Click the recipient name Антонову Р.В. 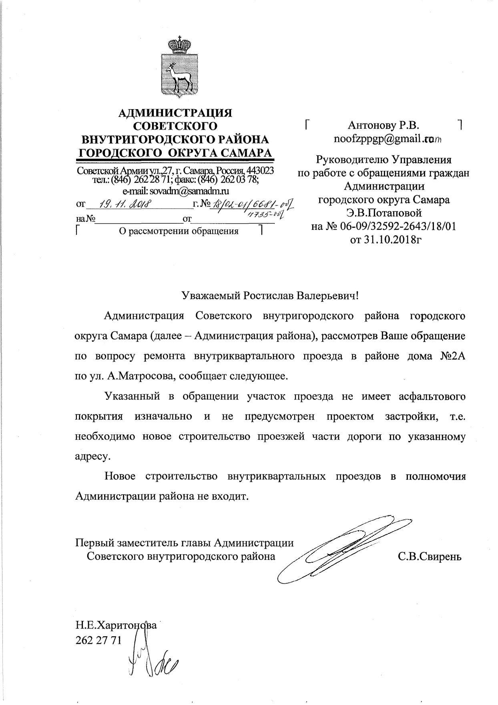pos(384,126)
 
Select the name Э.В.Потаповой pos(384,213)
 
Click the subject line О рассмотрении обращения pos(179,231)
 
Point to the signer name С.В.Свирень pos(430,556)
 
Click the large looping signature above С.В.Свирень pos(344,548)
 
